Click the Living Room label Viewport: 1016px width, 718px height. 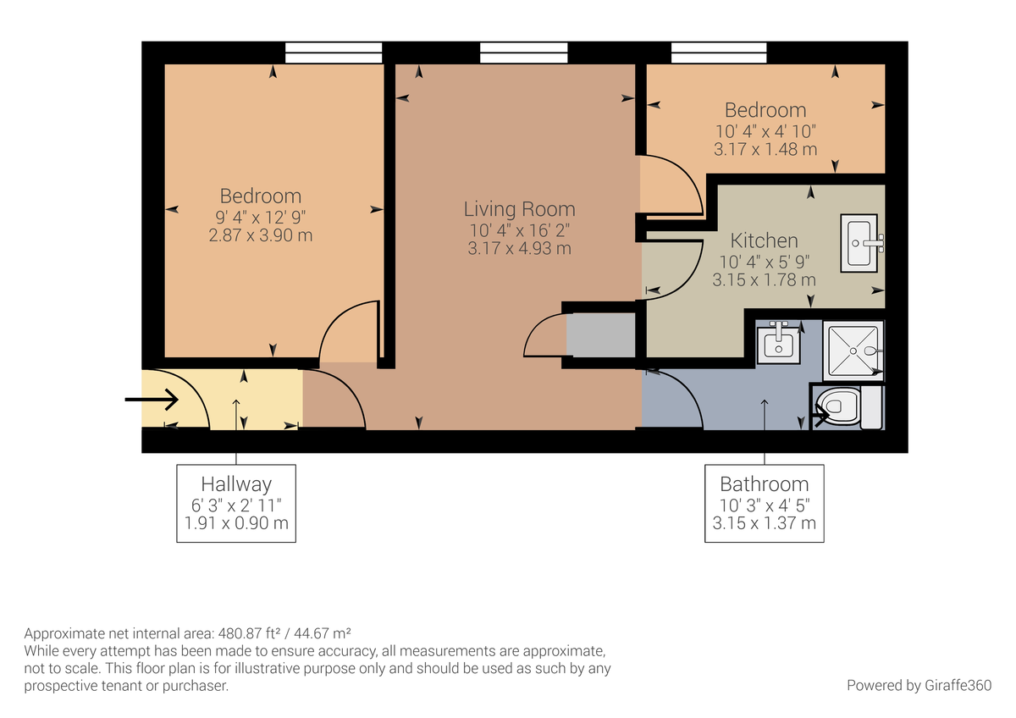tap(519, 209)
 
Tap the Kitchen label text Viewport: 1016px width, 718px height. tap(765, 240)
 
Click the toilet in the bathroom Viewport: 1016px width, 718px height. tap(839, 407)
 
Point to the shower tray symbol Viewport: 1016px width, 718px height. tap(853, 349)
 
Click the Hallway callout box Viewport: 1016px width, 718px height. tap(236, 503)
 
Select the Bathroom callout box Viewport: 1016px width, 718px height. tap(765, 503)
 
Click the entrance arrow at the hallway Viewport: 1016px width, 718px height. tap(152, 399)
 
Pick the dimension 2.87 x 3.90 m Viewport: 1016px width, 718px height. tap(261, 235)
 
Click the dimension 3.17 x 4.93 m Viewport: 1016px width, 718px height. tap(519, 249)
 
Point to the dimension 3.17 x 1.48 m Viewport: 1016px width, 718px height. tap(765, 150)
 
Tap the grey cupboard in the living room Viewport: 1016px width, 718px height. tap(600, 335)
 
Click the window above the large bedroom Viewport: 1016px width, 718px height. tap(321, 53)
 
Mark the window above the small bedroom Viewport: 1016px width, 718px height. tap(720, 53)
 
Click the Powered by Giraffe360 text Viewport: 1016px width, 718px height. tap(919, 685)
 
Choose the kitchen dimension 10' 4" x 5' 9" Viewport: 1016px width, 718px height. tap(765, 262)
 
